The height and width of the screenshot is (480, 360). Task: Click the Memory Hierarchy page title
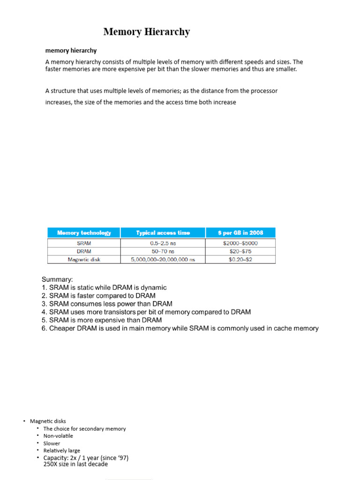[x=146, y=32]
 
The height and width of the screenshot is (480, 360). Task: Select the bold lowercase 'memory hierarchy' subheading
[x=71, y=50]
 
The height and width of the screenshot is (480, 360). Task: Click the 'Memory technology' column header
[x=84, y=232]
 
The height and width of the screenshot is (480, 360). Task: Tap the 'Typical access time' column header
[x=163, y=232]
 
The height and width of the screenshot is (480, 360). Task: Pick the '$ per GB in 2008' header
[x=240, y=232]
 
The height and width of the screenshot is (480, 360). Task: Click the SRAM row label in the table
[x=84, y=243]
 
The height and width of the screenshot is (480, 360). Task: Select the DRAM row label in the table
[x=84, y=251]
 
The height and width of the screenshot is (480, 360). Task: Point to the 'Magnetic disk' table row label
[x=84, y=259]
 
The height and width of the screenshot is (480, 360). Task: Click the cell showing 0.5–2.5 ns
[x=163, y=243]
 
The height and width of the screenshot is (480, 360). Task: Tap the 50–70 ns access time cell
[x=163, y=251]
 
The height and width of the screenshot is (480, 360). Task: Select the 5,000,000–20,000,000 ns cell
[x=163, y=259]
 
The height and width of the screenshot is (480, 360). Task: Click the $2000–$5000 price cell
[x=240, y=243]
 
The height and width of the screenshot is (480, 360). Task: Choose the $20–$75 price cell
[x=240, y=251]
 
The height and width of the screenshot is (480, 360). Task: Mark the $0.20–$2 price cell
[x=240, y=259]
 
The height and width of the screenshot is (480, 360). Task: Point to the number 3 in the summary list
[x=44, y=304]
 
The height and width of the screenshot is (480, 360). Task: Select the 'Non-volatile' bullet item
[x=58, y=436]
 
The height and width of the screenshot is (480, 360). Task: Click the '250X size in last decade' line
[x=75, y=464]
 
